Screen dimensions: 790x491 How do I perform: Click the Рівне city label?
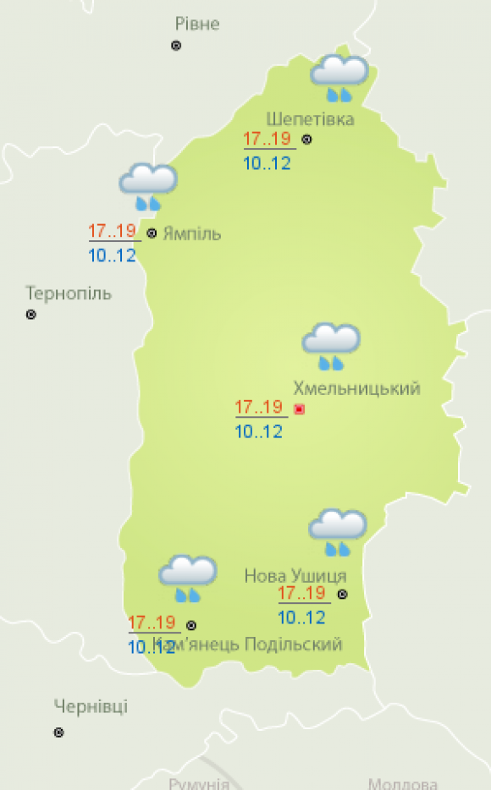pyautogui.click(x=196, y=24)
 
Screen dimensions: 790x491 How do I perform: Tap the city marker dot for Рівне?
pyautogui.click(x=176, y=46)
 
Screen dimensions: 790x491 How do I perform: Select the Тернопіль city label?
pyautogui.click(x=69, y=294)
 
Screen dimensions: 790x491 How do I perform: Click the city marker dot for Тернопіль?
pyautogui.click(x=31, y=315)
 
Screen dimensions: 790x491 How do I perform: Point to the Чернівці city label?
pyautogui.click(x=91, y=707)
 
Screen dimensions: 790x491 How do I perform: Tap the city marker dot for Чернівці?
pyautogui.click(x=58, y=732)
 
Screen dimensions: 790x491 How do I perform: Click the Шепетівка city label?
pyautogui.click(x=310, y=118)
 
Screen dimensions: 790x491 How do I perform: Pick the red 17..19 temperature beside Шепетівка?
pyautogui.click(x=267, y=140)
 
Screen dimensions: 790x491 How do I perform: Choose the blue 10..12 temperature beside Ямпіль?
pyautogui.click(x=112, y=255)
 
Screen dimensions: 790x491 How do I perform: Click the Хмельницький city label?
pyautogui.click(x=356, y=388)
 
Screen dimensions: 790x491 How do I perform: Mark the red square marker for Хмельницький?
pyautogui.click(x=298, y=409)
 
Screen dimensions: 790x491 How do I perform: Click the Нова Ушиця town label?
pyautogui.click(x=295, y=576)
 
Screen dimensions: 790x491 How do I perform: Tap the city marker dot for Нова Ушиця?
pyautogui.click(x=342, y=595)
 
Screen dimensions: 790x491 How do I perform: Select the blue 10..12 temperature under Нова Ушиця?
pyautogui.click(x=301, y=617)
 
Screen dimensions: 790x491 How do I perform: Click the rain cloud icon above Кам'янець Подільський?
pyautogui.click(x=187, y=578)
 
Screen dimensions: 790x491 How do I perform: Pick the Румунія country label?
pyautogui.click(x=199, y=783)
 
